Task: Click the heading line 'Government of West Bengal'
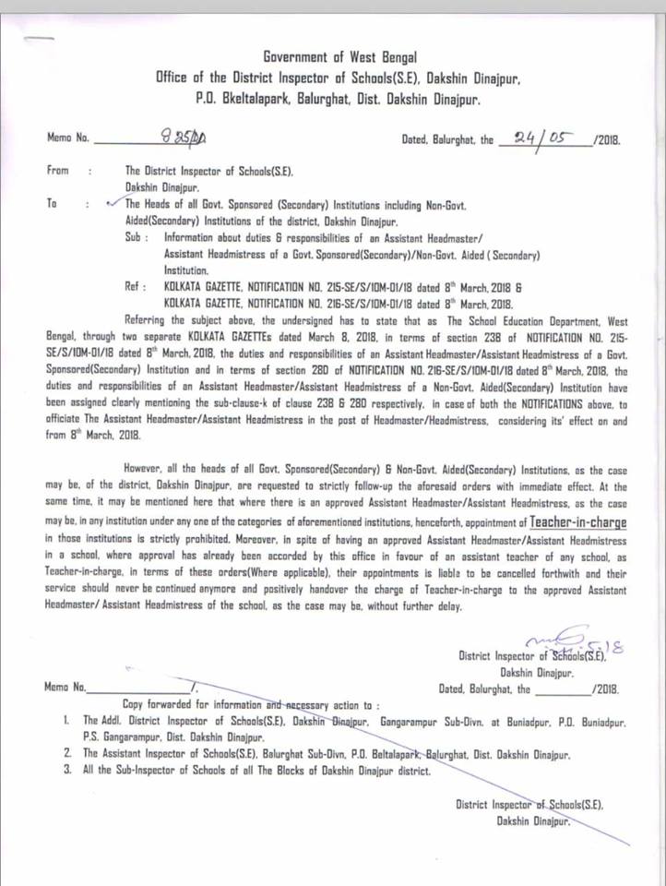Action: click(x=340, y=57)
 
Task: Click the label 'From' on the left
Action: click(x=55, y=171)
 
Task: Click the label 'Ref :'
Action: click(x=137, y=287)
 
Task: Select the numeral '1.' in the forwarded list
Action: click(x=67, y=719)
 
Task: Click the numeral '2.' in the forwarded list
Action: click(x=67, y=753)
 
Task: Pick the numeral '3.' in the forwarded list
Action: click(x=67, y=769)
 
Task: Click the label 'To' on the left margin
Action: click(x=52, y=203)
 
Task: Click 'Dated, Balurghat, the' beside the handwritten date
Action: click(x=448, y=141)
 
